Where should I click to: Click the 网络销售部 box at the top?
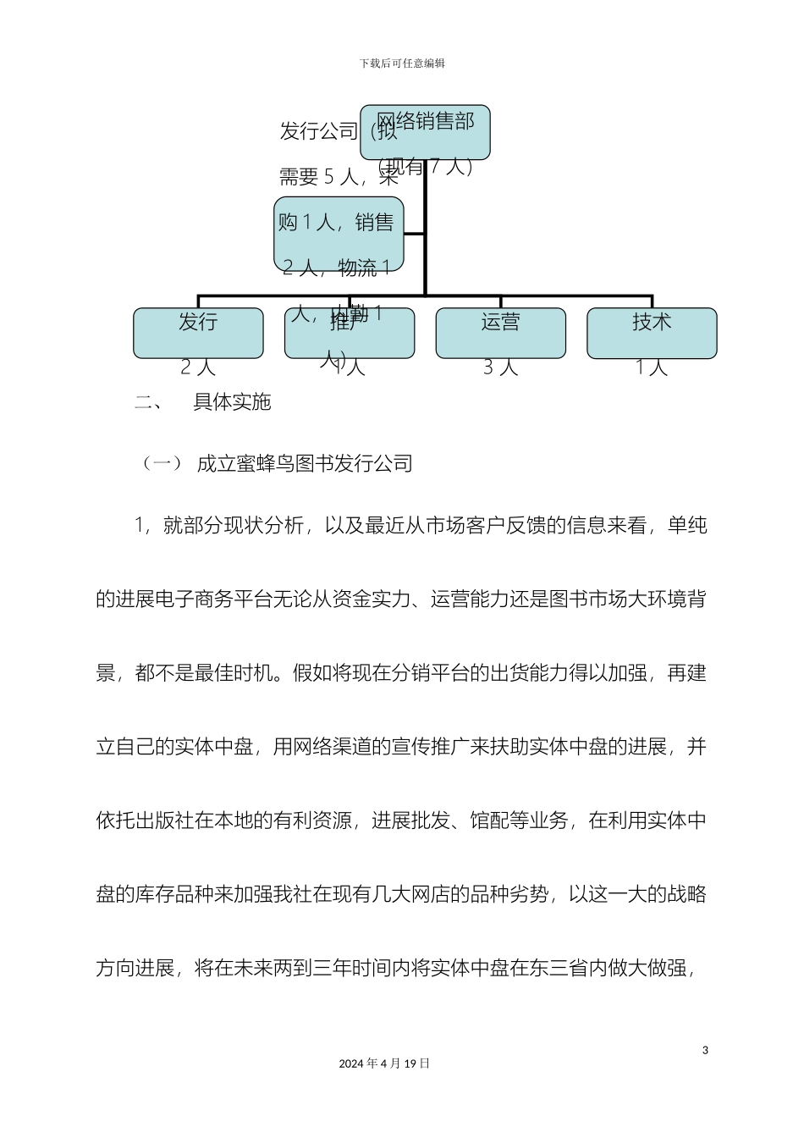coord(425,132)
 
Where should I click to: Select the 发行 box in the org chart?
coord(198,332)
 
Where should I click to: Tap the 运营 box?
coord(500,332)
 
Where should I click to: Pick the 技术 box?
coord(652,332)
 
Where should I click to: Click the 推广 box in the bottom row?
coord(350,332)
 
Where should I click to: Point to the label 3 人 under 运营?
coord(500,367)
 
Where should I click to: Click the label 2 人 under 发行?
coord(198,367)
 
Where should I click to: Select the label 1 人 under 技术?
coord(652,367)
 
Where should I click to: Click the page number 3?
coord(705,1051)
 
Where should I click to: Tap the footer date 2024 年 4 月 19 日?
coord(384,1063)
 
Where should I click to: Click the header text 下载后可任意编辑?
coord(402,64)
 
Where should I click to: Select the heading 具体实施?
coord(232,402)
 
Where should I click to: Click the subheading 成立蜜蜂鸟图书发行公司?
coord(305,463)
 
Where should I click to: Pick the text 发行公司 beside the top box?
coord(318,131)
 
